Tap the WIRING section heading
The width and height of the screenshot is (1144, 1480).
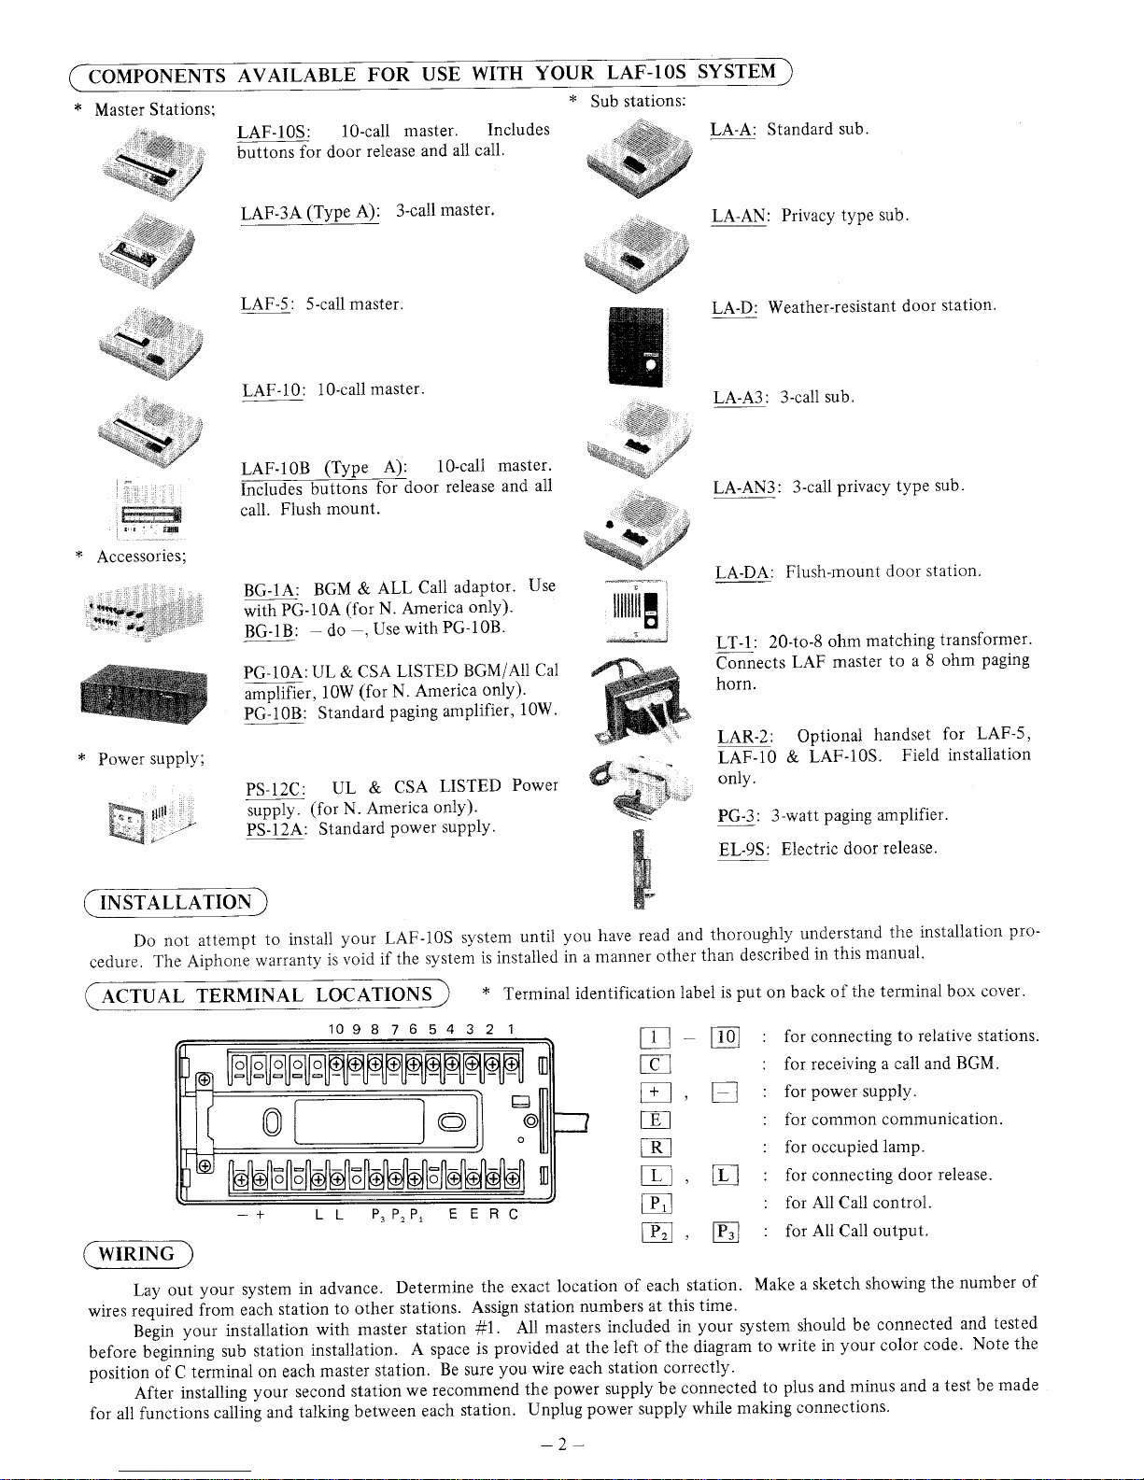pyautogui.click(x=136, y=1254)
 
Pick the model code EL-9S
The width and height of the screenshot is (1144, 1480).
pyautogui.click(x=743, y=849)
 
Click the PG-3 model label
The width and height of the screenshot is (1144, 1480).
pyautogui.click(x=736, y=816)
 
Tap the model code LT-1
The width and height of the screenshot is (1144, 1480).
pyautogui.click(x=736, y=641)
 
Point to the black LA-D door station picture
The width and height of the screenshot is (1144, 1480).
pyautogui.click(x=636, y=346)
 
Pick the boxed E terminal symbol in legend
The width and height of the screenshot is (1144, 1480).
pyautogui.click(x=656, y=1121)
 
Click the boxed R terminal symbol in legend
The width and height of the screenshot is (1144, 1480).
pyautogui.click(x=656, y=1149)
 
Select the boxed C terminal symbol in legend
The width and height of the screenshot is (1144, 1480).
pyautogui.click(x=656, y=1065)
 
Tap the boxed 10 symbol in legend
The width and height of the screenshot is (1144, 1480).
pyautogui.click(x=726, y=1037)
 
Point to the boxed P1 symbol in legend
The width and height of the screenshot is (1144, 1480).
pyautogui.click(x=657, y=1205)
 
